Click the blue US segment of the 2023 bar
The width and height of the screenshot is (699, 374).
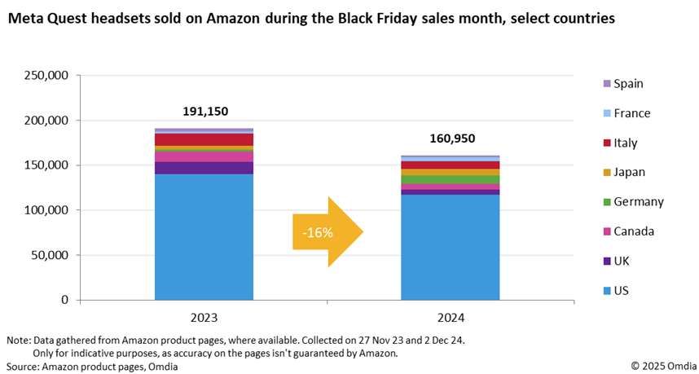(x=204, y=236)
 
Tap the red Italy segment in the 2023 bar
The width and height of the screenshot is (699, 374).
(x=204, y=139)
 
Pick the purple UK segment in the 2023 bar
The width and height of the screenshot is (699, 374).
(x=204, y=168)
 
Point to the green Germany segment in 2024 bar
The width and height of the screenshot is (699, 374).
(x=450, y=179)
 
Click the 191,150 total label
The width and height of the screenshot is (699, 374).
(x=204, y=111)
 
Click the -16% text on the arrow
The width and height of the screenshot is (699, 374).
(x=317, y=232)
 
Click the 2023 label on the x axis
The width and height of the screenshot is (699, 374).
(x=204, y=316)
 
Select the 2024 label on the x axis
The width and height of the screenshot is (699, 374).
(x=450, y=316)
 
